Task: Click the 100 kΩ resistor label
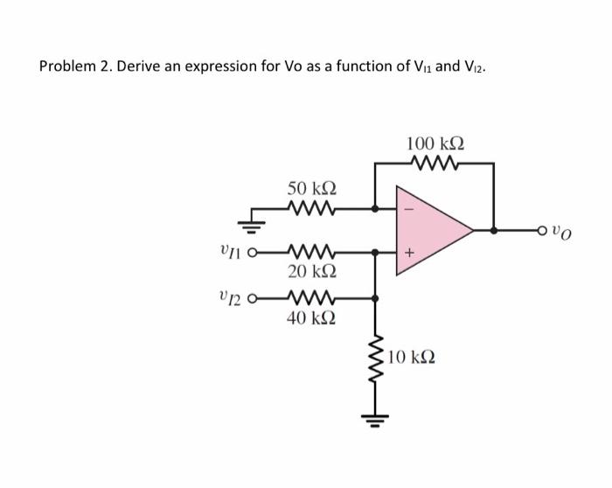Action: (435, 143)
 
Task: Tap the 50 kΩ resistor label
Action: (312, 189)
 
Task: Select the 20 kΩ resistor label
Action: (312, 272)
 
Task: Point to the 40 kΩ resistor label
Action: (312, 318)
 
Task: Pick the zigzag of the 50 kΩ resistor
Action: (312, 209)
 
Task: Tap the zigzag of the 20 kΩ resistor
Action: (312, 252)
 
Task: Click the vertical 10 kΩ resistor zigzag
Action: (376, 359)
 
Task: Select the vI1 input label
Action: (231, 253)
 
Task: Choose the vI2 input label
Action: (231, 298)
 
